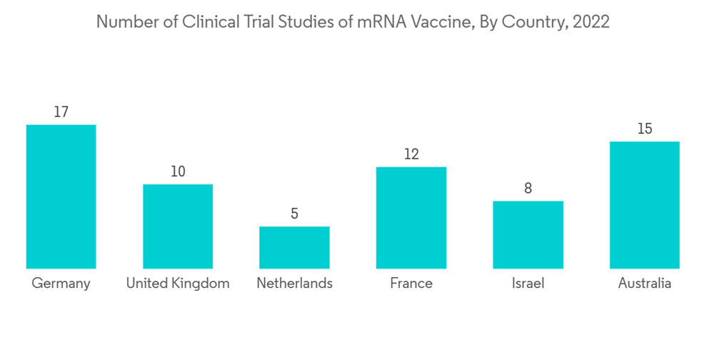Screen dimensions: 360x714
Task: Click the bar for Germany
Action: [x=61, y=196]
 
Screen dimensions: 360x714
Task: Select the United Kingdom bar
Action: [x=178, y=226]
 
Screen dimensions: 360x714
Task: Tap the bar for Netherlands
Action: [x=294, y=247]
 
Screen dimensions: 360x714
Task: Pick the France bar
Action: [x=411, y=218]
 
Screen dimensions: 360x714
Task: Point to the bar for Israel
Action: [x=528, y=234]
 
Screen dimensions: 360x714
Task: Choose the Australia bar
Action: [x=645, y=205]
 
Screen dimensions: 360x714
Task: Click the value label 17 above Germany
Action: [x=61, y=112]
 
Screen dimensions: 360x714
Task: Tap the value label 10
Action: [x=178, y=171]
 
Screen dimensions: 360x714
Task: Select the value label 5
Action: [x=294, y=214]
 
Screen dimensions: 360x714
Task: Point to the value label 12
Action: [x=411, y=154]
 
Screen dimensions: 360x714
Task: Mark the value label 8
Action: [x=528, y=189]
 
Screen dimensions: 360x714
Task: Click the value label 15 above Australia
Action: [x=645, y=129]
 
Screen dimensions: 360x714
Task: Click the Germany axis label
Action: [x=61, y=284]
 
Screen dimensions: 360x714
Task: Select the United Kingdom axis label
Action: [x=178, y=284]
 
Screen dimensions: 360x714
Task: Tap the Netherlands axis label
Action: [x=294, y=284]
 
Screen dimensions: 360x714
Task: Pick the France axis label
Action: [x=411, y=284]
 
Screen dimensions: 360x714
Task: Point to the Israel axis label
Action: [x=528, y=284]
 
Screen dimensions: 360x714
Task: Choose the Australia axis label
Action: [x=645, y=284]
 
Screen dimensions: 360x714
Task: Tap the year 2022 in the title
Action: [x=592, y=22]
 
